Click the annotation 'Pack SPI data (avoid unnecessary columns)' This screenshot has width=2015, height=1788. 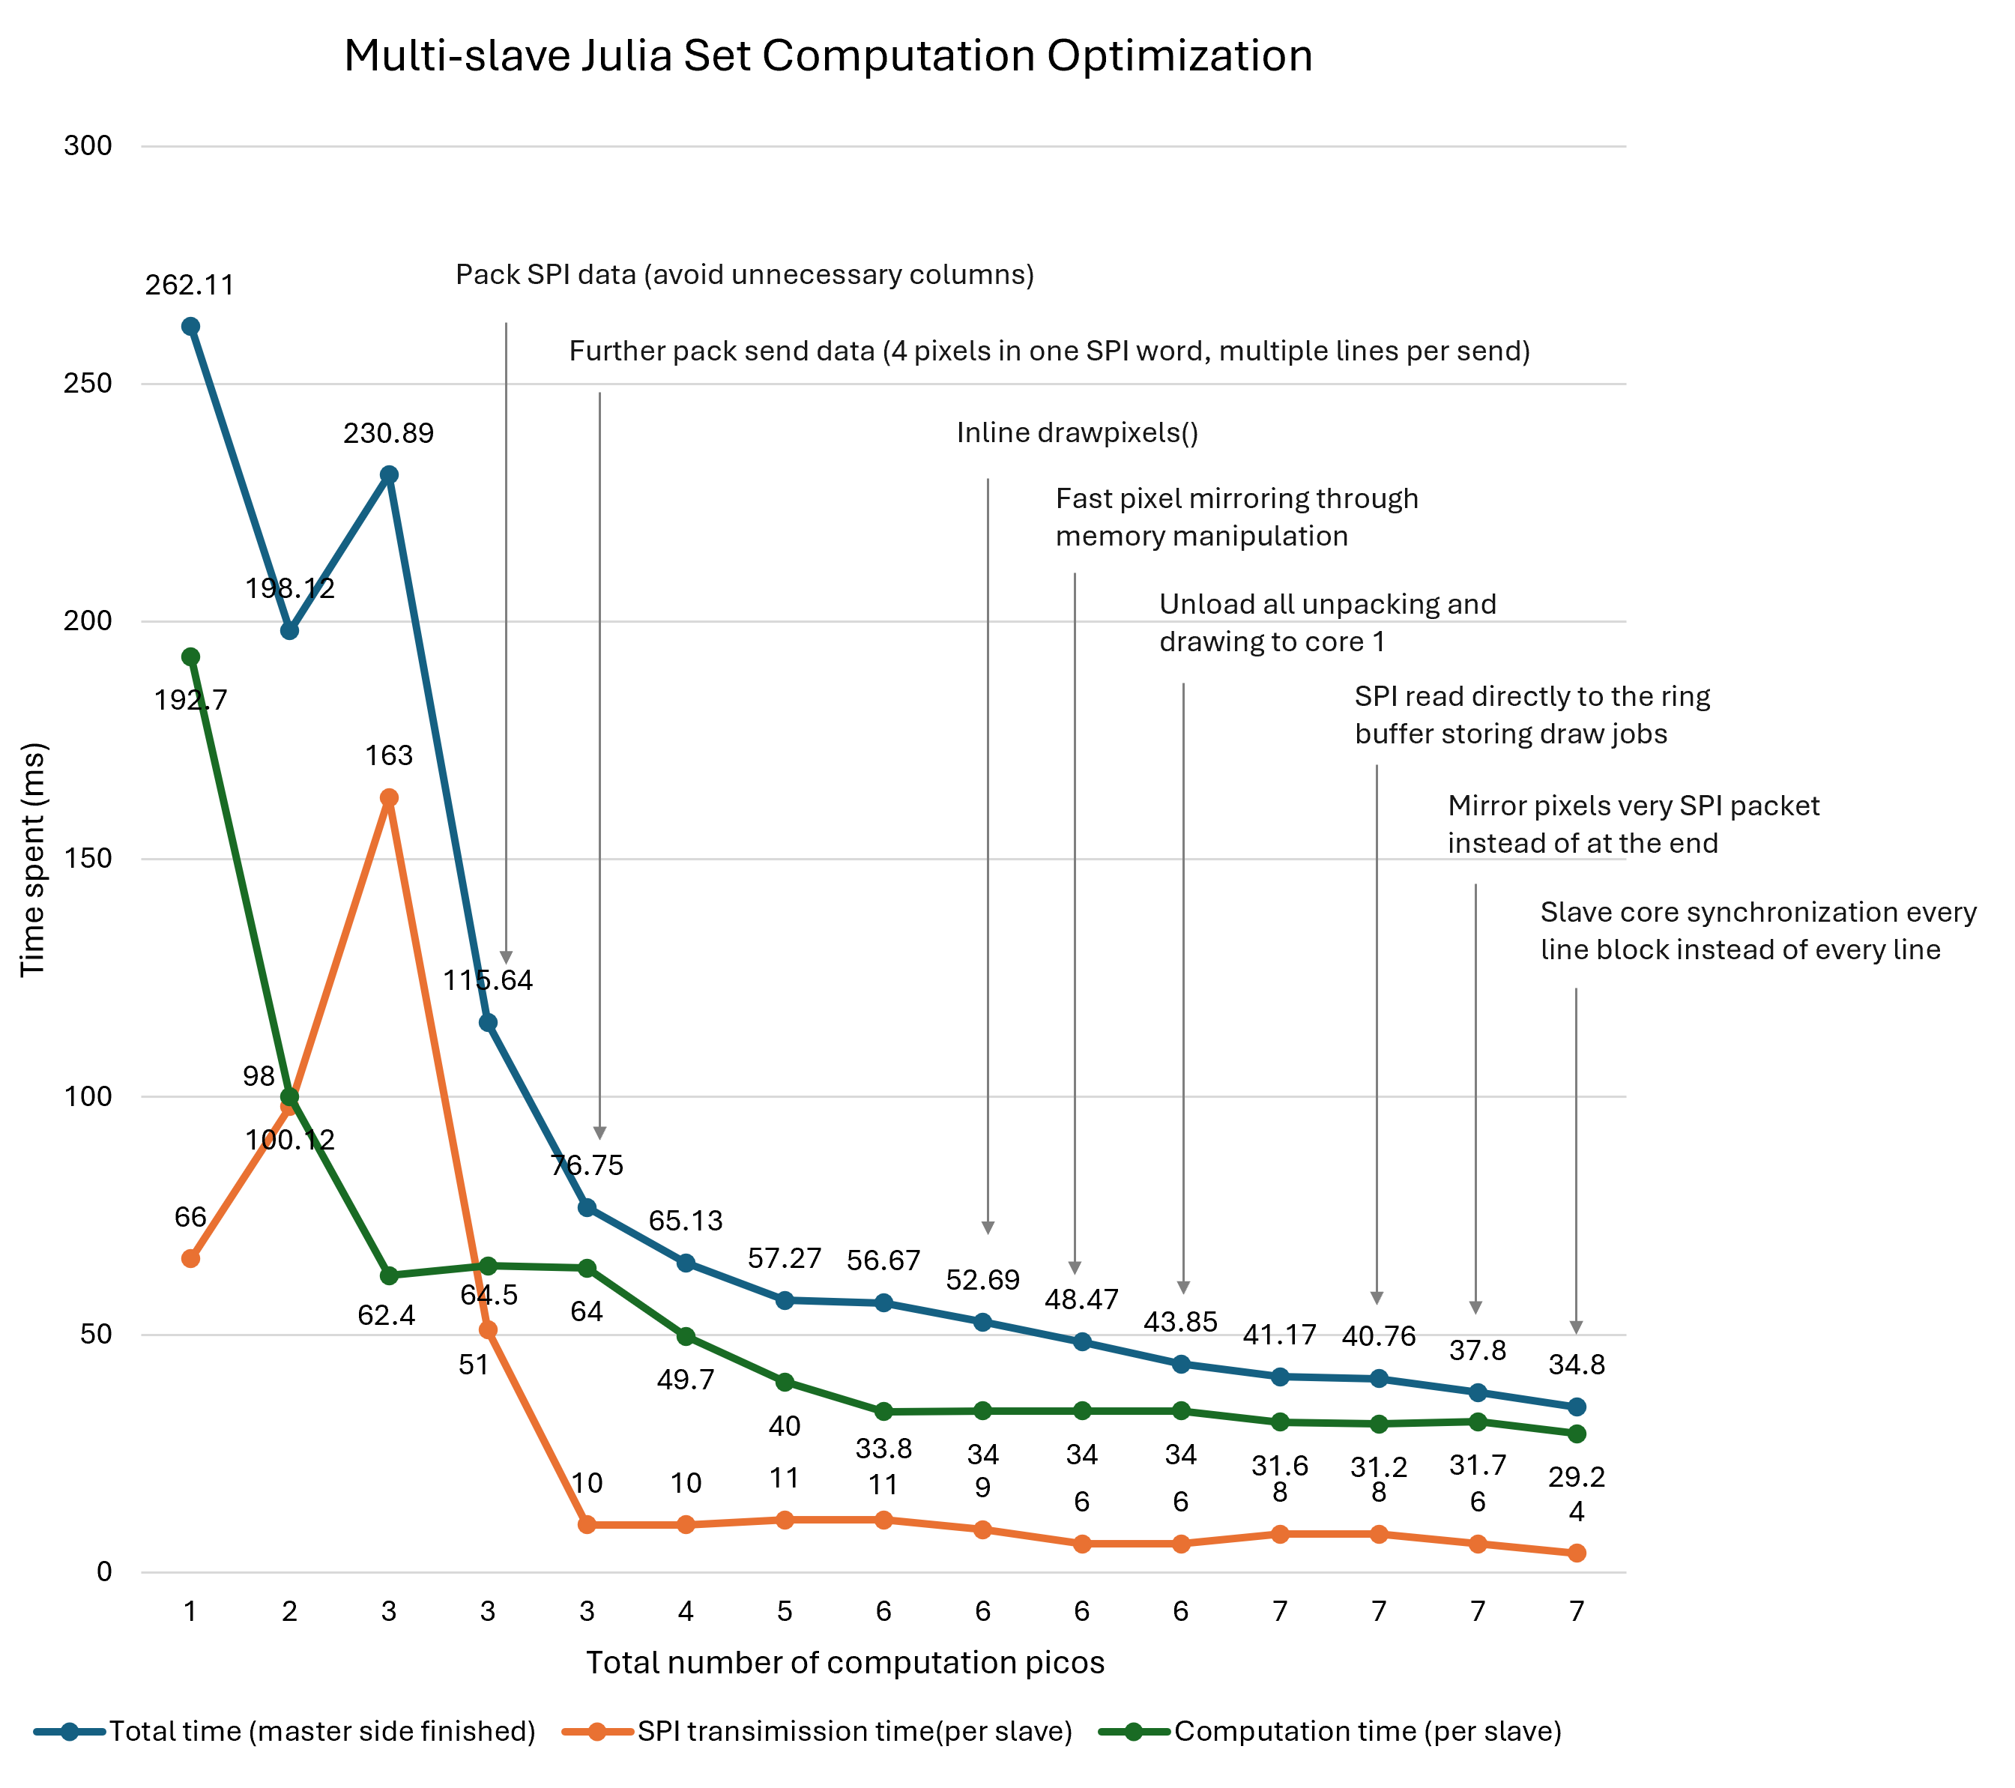(744, 274)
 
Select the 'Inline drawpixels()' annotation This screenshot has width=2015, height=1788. (1077, 432)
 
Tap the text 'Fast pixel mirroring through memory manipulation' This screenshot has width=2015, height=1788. (1236, 516)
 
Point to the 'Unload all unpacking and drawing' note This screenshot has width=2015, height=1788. (1327, 622)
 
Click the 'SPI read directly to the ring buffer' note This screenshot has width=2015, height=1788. (1531, 715)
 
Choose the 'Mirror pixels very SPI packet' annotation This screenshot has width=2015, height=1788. (1633, 824)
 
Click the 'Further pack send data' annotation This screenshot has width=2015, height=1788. (1049, 351)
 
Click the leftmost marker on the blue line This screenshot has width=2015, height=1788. (191, 326)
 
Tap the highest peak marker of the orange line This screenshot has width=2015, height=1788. (390, 797)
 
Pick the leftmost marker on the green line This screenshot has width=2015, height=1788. (191, 656)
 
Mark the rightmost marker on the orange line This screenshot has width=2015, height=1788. (1577, 1553)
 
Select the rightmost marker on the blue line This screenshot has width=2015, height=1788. (1577, 1407)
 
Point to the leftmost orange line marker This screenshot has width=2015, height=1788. (191, 1259)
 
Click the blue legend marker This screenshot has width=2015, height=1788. (69, 1732)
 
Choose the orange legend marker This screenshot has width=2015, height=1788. (597, 1732)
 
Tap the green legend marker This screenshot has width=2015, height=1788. (1134, 1732)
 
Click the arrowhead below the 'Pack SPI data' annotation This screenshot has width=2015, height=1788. (506, 958)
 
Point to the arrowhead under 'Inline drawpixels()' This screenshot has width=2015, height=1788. (988, 1228)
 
